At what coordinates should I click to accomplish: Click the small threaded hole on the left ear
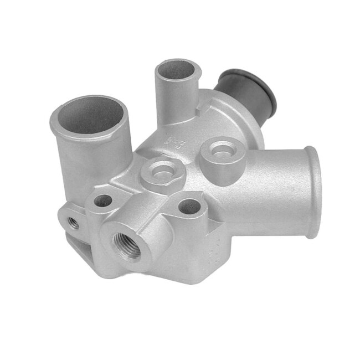[x=73, y=223]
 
